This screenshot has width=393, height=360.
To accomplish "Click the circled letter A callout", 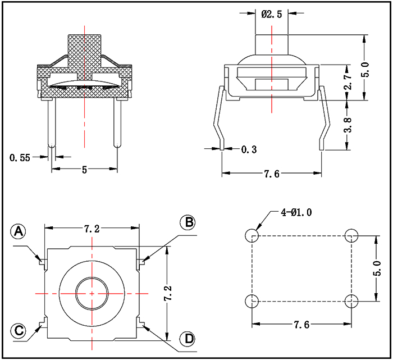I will click(x=19, y=231).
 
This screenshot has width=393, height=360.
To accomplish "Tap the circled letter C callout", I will click(x=19, y=331).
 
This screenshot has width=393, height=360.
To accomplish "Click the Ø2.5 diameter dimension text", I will click(x=272, y=14).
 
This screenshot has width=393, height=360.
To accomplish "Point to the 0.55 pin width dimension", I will click(x=20, y=157).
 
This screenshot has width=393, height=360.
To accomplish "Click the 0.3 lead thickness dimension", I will click(x=249, y=149).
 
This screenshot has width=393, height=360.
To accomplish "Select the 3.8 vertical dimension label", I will click(x=349, y=125).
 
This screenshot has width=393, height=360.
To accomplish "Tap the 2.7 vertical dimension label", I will click(x=349, y=82).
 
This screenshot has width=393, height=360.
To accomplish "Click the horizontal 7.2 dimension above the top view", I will click(x=92, y=229).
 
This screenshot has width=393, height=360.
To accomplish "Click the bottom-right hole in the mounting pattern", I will click(x=352, y=301).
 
